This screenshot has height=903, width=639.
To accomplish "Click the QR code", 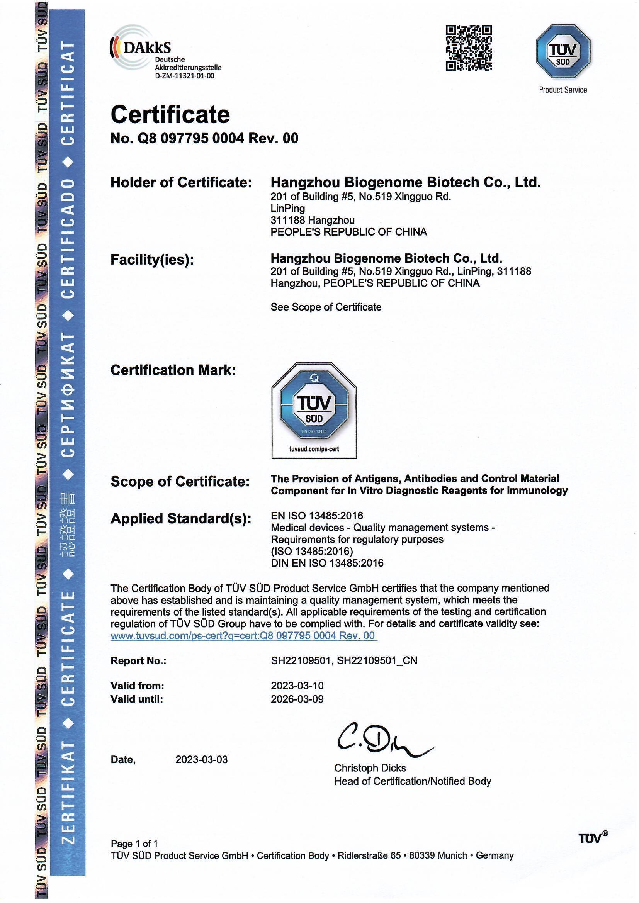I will pos(469,48).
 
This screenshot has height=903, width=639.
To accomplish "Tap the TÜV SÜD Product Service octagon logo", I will pos(563,51).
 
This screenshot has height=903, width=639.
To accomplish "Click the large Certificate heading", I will pos(170,114).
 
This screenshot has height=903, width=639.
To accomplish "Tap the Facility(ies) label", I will pos(152,260).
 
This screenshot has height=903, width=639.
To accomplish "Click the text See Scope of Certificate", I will pos(326,307).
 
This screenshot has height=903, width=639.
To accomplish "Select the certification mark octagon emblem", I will pos(314,405).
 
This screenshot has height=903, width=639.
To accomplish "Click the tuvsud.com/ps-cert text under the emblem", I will pos(314,449).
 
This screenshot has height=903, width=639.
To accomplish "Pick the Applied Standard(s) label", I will pos(181,519).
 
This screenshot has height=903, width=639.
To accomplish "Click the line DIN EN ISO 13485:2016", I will pos(327,563).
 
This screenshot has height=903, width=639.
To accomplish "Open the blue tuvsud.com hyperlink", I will pos(243,636).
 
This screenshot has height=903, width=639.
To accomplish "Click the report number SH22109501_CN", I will pos(377,661).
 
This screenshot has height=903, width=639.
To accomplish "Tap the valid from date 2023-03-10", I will pos(297,686).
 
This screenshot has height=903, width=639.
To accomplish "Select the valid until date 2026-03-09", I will pos(297,699).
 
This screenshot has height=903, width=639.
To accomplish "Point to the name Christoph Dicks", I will pos(370,768).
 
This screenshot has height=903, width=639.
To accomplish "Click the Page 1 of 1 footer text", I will pos(134,844).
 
